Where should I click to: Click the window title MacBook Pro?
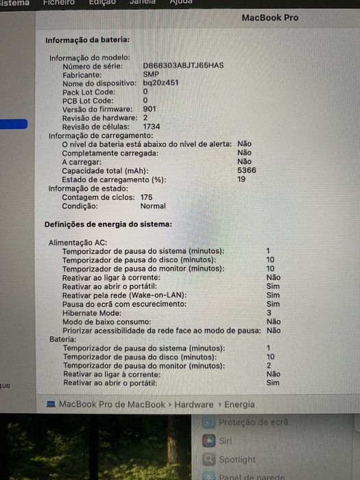tap(269, 17)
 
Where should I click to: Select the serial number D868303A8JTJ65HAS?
tap(183, 66)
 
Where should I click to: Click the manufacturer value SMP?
tap(150, 74)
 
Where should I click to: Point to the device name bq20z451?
tap(160, 83)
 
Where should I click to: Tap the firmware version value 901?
tap(149, 109)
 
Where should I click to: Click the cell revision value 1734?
tap(152, 127)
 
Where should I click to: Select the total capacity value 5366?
tap(246, 170)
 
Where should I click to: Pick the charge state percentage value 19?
tap(241, 179)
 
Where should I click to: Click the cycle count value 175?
tap(146, 197)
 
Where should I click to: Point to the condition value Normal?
tap(153, 206)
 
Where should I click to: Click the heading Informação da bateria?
tap(86, 40)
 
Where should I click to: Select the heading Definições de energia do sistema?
tap(108, 224)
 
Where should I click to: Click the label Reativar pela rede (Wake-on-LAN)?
tap(124, 295)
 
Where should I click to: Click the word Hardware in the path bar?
tap(193, 405)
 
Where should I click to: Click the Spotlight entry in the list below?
tap(237, 459)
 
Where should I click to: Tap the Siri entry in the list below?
tap(226, 441)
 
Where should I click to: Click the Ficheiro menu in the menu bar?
tap(58, 2)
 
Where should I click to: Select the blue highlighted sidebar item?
tap(14, 124)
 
